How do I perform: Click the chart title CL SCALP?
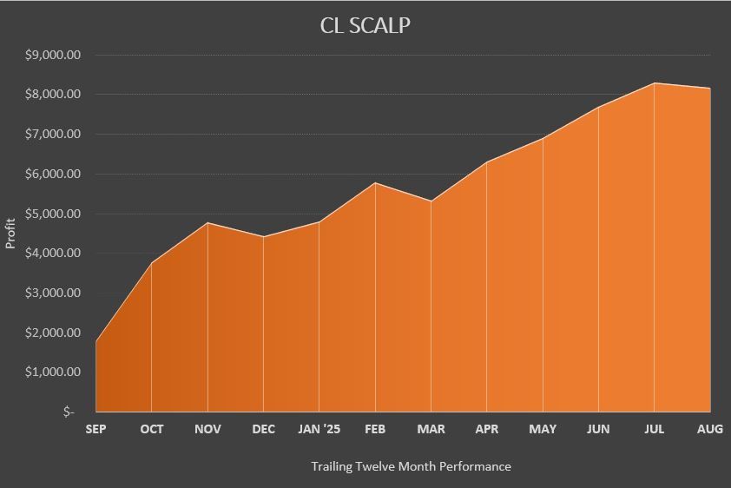pyautogui.click(x=365, y=25)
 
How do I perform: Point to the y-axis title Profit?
pyautogui.click(x=11, y=233)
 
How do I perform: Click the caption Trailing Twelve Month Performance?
pyautogui.click(x=411, y=466)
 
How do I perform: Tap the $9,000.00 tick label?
pyautogui.click(x=54, y=55)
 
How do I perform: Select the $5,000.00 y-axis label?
pyautogui.click(x=54, y=214)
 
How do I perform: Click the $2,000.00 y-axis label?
pyautogui.click(x=54, y=333)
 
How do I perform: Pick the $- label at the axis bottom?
pyautogui.click(x=69, y=412)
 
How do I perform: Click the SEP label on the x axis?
pyautogui.click(x=95, y=429)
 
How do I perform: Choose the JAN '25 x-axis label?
pyautogui.click(x=319, y=429)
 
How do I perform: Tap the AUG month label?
pyautogui.click(x=710, y=429)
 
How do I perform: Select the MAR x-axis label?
pyautogui.click(x=431, y=429)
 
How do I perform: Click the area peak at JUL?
pyautogui.click(x=655, y=83)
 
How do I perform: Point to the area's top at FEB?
pyautogui.click(x=375, y=182)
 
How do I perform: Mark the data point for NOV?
pyautogui.click(x=207, y=223)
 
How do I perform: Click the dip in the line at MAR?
pyautogui.click(x=431, y=201)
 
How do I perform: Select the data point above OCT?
pyautogui.click(x=152, y=263)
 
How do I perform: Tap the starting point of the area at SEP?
pyautogui.click(x=95, y=341)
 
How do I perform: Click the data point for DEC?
pyautogui.click(x=263, y=237)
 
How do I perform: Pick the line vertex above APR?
pyautogui.click(x=487, y=162)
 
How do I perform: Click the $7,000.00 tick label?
pyautogui.click(x=54, y=134)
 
